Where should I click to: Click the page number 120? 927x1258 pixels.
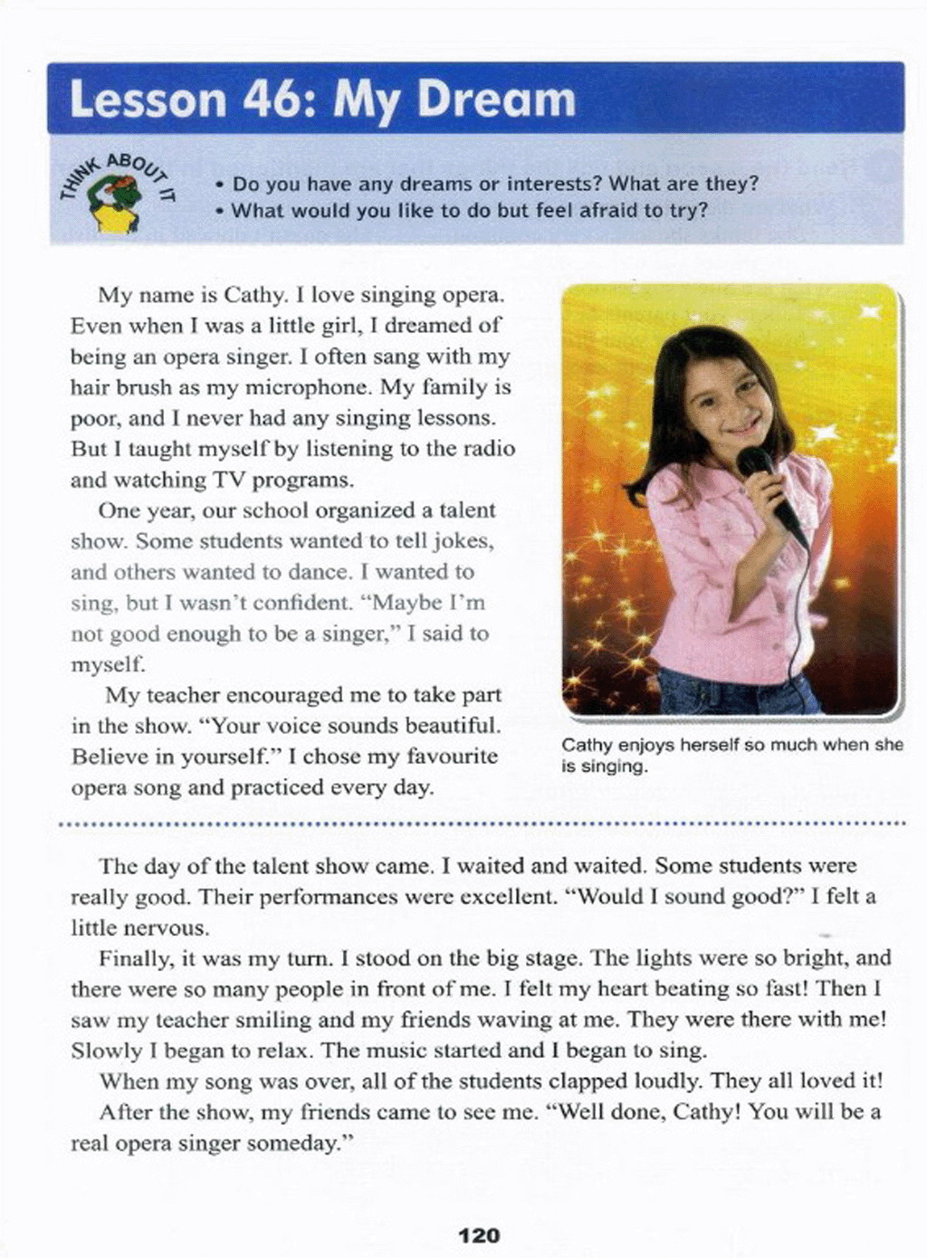coord(479,1235)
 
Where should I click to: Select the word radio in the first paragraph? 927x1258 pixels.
coord(490,449)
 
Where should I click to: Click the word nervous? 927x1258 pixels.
coord(169,928)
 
